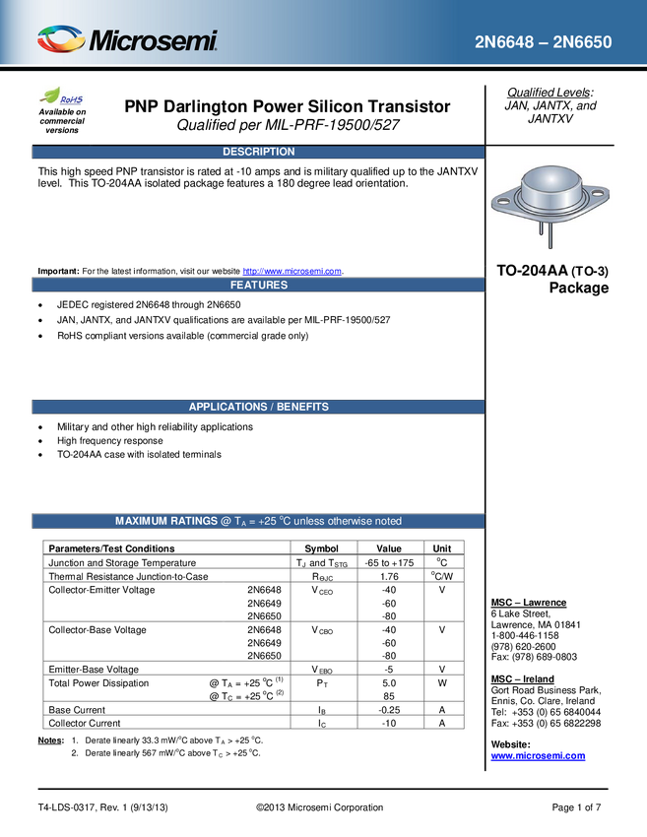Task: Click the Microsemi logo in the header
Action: (x=127, y=39)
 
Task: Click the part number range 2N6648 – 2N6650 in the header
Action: (x=544, y=42)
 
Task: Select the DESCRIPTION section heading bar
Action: (x=258, y=152)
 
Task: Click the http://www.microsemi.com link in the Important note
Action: (x=292, y=271)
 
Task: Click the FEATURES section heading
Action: (x=258, y=285)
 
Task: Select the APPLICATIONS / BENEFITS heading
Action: (x=258, y=407)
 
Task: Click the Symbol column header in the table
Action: (x=321, y=548)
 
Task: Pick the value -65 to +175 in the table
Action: (x=389, y=562)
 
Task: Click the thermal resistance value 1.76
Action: (x=389, y=576)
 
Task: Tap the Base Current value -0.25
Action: (x=389, y=710)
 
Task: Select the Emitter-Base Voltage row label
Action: (x=94, y=670)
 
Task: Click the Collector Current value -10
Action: (x=389, y=724)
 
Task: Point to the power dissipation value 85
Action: (x=389, y=696)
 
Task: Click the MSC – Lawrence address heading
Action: (x=529, y=603)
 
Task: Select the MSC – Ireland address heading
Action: (x=523, y=679)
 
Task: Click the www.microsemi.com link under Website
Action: (x=538, y=756)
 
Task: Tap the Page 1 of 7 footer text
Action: (x=576, y=807)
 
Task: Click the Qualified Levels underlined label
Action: (x=549, y=93)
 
